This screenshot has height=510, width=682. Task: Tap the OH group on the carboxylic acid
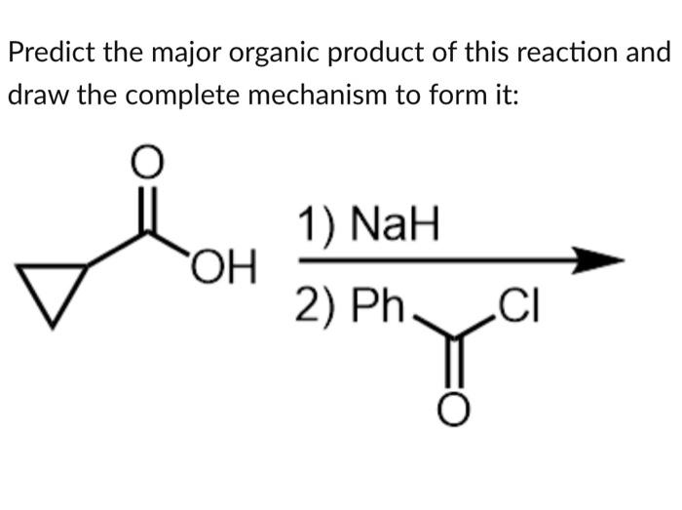coord(223,263)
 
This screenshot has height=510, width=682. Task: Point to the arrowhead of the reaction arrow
coord(599,261)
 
